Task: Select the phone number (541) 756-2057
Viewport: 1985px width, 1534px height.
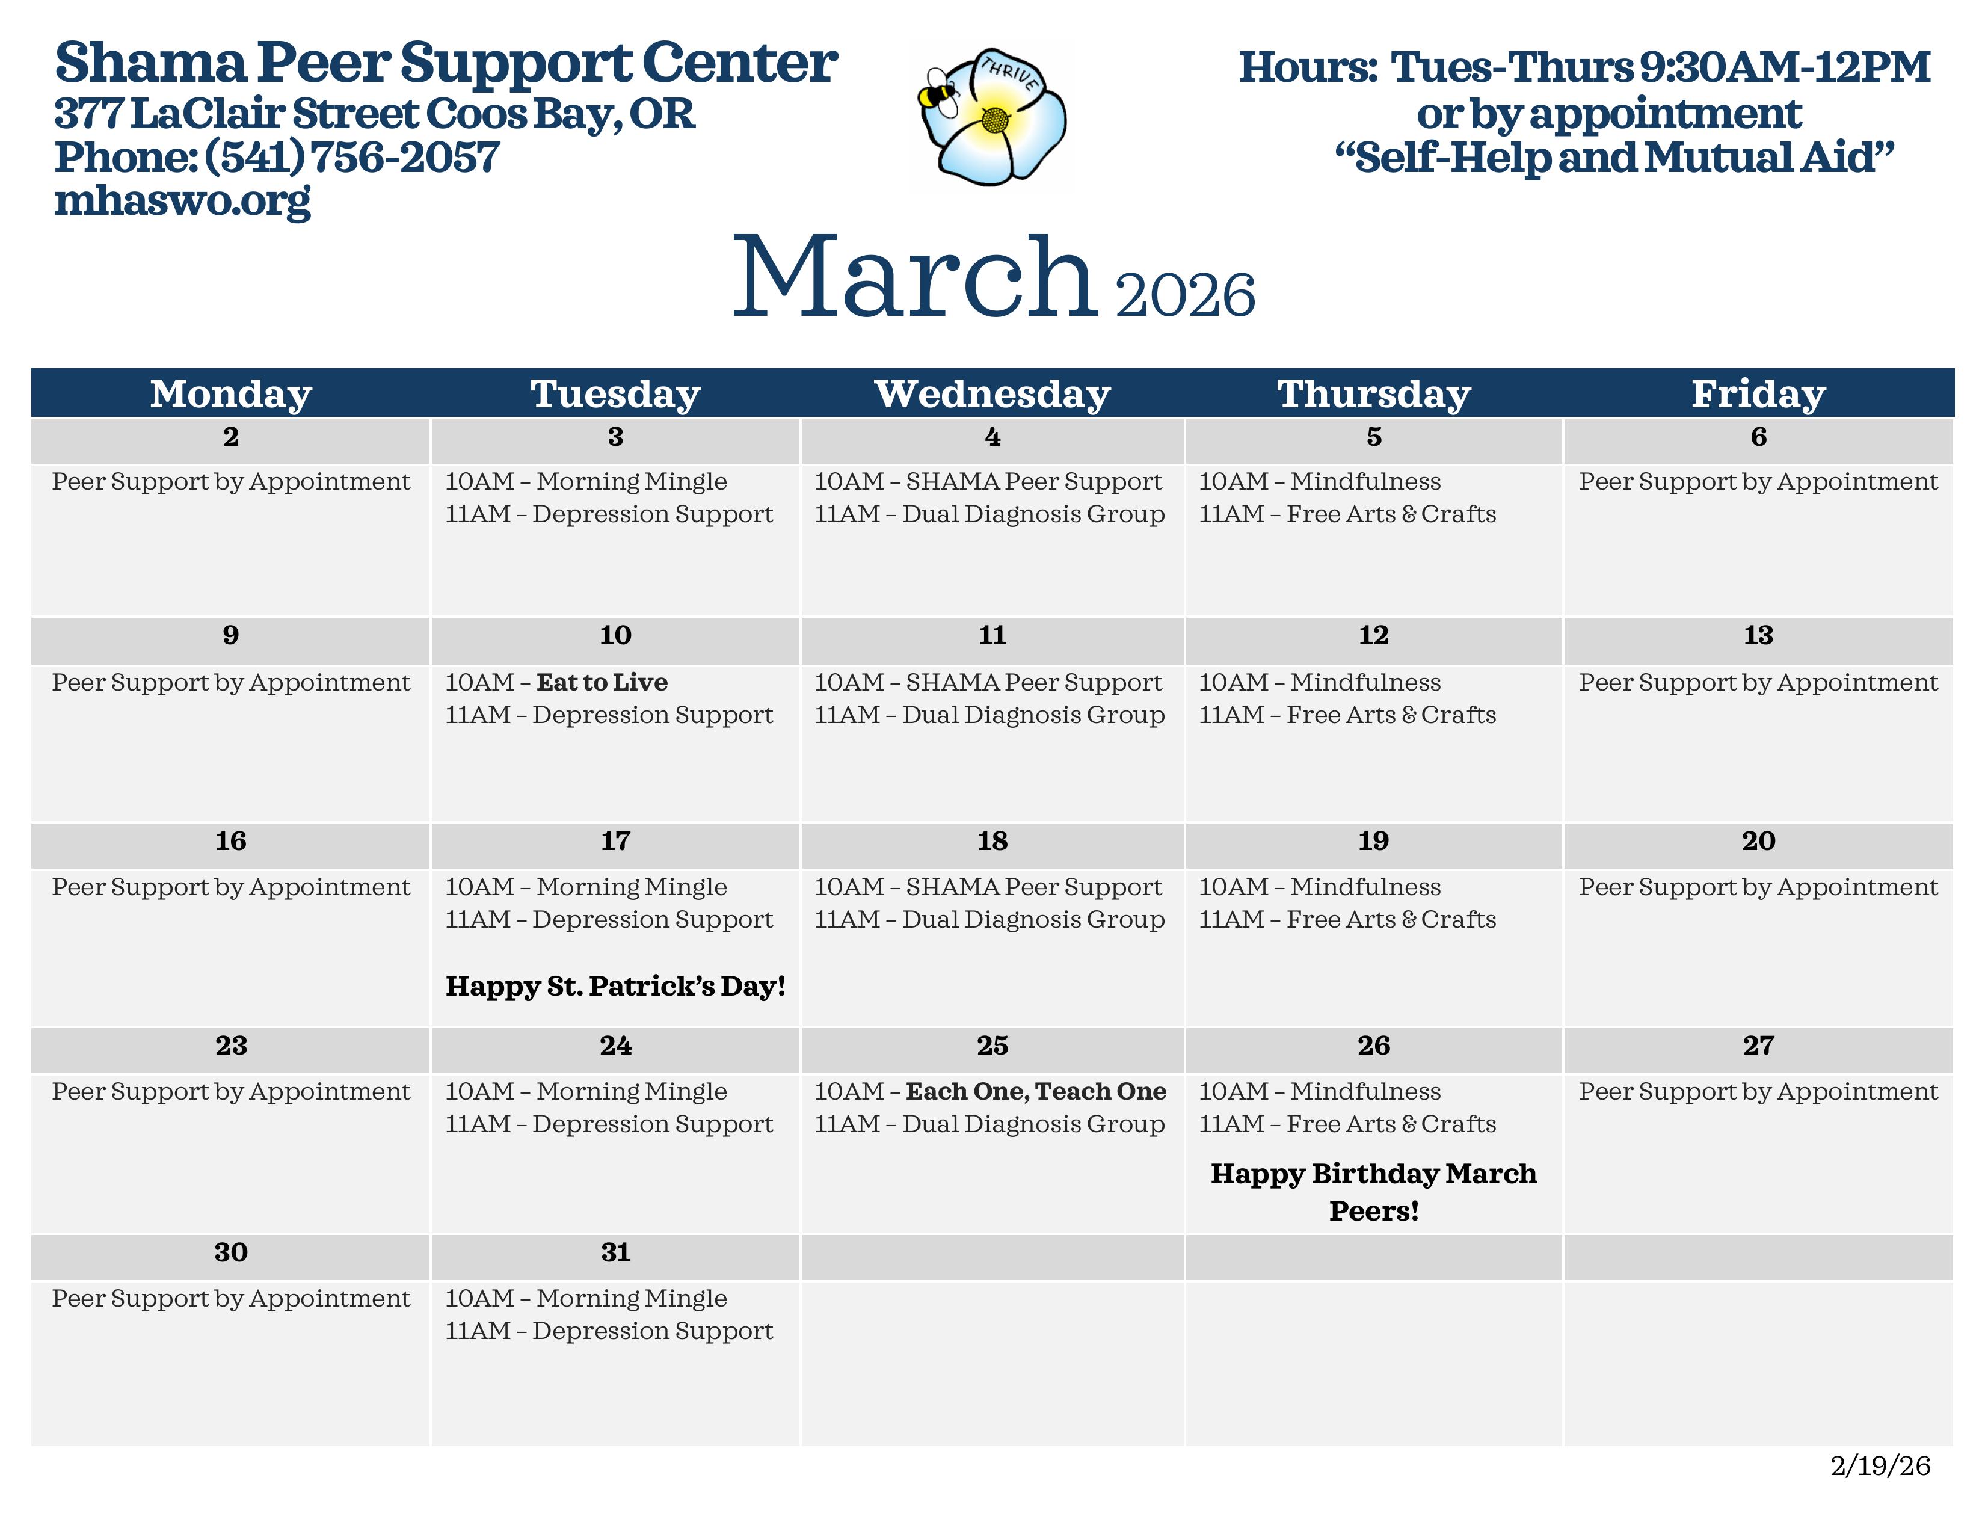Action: pyautogui.click(x=352, y=157)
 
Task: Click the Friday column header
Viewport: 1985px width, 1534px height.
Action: pyautogui.click(x=1758, y=393)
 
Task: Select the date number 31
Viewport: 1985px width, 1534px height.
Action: pyautogui.click(x=615, y=1252)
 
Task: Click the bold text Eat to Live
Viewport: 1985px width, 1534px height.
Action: pyautogui.click(x=602, y=683)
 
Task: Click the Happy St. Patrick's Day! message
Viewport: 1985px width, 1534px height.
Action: pyautogui.click(x=615, y=986)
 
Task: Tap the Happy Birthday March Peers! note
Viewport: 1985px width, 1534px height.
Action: pyautogui.click(x=1373, y=1191)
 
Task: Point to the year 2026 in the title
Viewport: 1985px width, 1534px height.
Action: pyautogui.click(x=1185, y=295)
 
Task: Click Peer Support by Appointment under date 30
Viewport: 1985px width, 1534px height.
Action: pyautogui.click(x=231, y=1299)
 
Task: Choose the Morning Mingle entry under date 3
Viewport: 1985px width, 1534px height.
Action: pyautogui.click(x=632, y=482)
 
